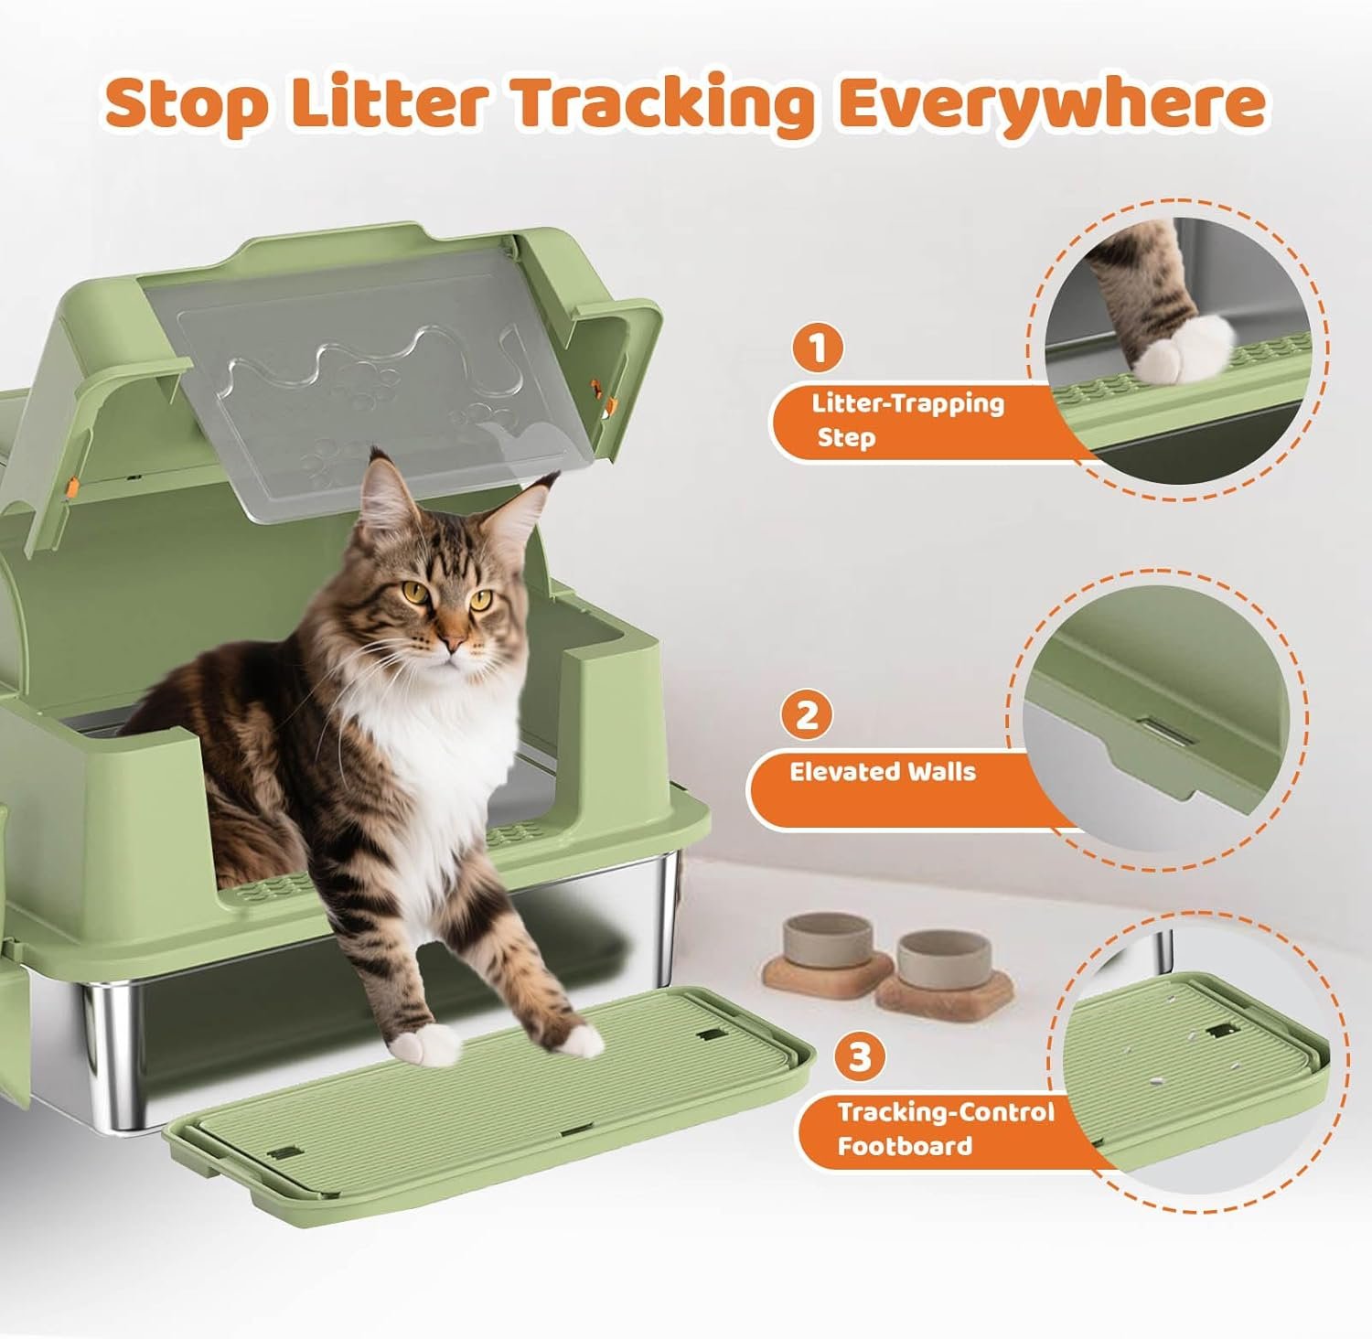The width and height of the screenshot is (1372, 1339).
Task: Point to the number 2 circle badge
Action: [806, 714]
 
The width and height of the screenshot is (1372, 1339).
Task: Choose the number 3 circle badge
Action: [860, 1057]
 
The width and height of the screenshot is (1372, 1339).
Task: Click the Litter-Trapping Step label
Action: [907, 420]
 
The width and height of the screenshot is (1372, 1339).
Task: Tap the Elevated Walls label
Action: [883, 771]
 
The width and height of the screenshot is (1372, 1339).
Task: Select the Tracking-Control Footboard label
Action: [946, 1129]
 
